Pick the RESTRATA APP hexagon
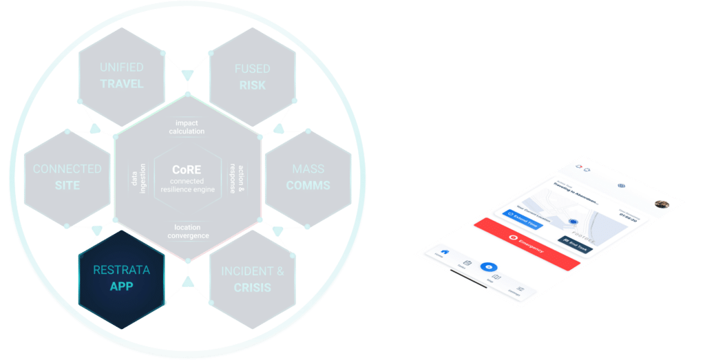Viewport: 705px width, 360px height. (122, 278)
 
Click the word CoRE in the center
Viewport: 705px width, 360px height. (186, 167)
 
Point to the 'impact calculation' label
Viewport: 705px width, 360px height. (187, 127)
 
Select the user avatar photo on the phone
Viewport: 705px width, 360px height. (662, 204)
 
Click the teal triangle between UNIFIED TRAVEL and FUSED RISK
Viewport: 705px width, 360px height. (187, 73)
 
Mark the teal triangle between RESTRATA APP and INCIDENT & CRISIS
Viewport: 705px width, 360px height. (187, 282)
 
